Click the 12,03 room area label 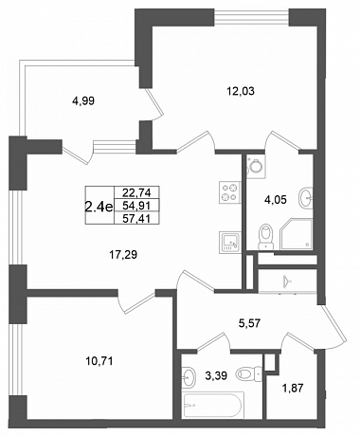[x=241, y=91]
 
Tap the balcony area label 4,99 [x=83, y=101]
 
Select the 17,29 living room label [x=123, y=254]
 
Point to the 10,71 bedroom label [x=99, y=361]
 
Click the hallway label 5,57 [x=249, y=323]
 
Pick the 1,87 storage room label [x=293, y=388]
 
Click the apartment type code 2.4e [x=99, y=207]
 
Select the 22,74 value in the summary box [x=136, y=192]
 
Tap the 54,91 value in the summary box [x=136, y=206]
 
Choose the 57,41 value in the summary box [x=136, y=218]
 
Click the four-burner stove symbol [x=230, y=192]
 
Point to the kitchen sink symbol [x=230, y=243]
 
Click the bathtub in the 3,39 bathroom [x=214, y=406]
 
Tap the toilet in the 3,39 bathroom [x=249, y=374]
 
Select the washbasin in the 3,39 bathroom [x=189, y=377]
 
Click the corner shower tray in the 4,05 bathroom [x=297, y=234]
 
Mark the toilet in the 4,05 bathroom [x=265, y=236]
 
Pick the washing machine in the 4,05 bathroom [x=256, y=167]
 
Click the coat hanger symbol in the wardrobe [x=287, y=280]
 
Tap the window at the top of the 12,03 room [x=251, y=17]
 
